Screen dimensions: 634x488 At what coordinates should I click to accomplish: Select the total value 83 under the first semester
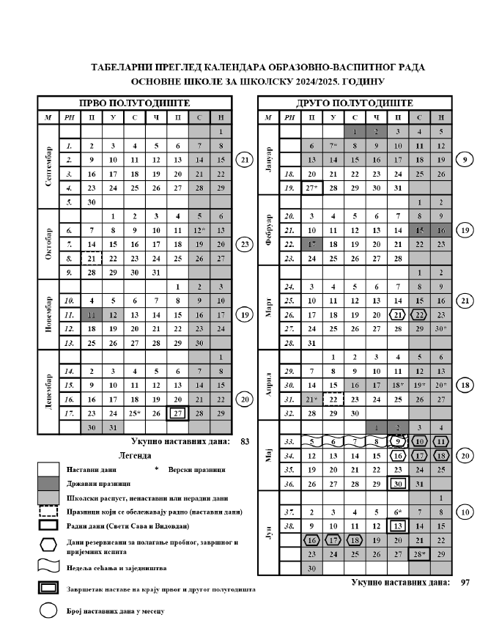pyautogui.click(x=244, y=442)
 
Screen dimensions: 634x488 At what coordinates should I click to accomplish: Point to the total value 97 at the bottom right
pyautogui.click(x=465, y=582)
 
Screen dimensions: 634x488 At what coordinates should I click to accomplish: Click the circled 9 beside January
pyautogui.click(x=464, y=159)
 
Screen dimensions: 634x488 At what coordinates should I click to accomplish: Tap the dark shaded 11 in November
pyautogui.click(x=92, y=314)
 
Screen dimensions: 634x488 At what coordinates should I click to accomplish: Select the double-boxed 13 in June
pyautogui.click(x=397, y=526)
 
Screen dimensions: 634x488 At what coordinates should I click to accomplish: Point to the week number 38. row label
pyautogui.click(x=290, y=526)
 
